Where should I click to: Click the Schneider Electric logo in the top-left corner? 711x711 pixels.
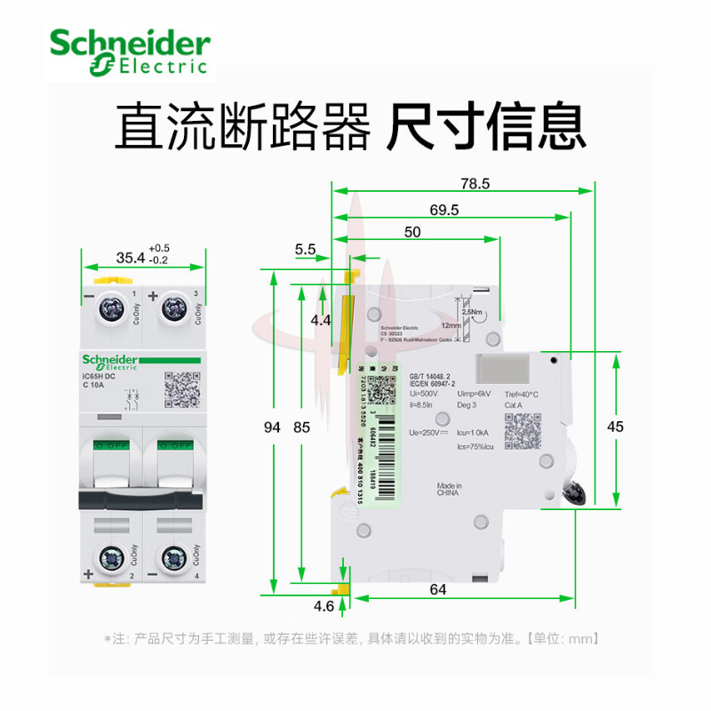130,51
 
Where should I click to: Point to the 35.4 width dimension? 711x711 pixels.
130,258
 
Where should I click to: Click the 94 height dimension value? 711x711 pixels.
273,427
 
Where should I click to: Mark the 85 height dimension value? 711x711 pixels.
301,427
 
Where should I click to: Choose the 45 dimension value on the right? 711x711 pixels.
615,427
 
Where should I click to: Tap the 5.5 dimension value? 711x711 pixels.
306,251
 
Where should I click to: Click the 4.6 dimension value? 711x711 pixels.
324,607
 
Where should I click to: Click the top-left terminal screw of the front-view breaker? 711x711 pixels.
113,310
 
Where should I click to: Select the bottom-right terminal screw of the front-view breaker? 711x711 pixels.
172,560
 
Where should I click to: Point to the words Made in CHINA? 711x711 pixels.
449,491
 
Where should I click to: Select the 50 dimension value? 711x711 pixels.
412,232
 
